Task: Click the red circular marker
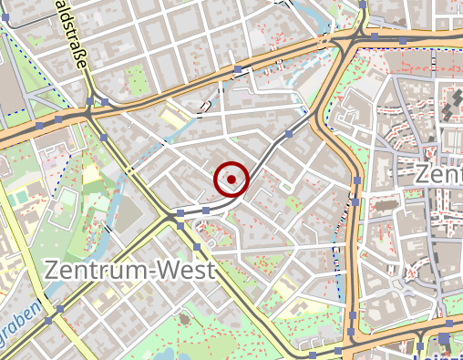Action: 231,180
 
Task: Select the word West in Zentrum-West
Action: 186,271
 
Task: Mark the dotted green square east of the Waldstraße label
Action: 134,78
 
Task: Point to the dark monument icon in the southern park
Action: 186,320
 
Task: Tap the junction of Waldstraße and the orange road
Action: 91,98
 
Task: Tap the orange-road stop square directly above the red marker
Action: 238,69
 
